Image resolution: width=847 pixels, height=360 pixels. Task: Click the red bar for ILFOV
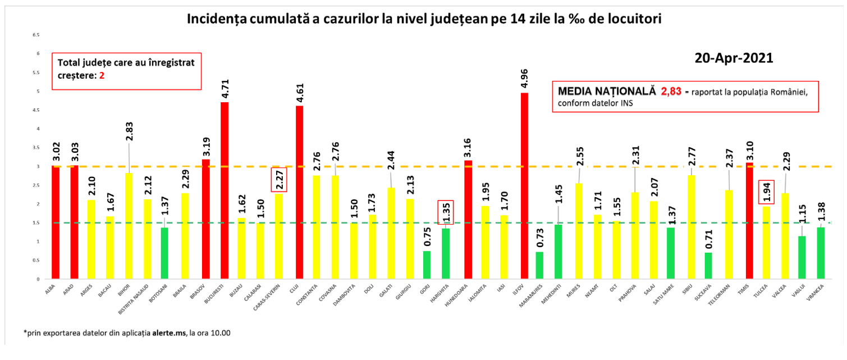[x=524, y=185]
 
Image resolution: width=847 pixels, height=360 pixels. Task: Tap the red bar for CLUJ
[x=299, y=192]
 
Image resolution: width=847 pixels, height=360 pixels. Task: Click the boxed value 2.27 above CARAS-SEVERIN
[x=279, y=180]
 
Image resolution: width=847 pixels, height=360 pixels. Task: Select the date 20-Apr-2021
[x=734, y=58]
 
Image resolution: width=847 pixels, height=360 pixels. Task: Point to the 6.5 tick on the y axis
[x=36, y=35]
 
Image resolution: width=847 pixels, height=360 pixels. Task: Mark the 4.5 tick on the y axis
[x=36, y=110]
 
